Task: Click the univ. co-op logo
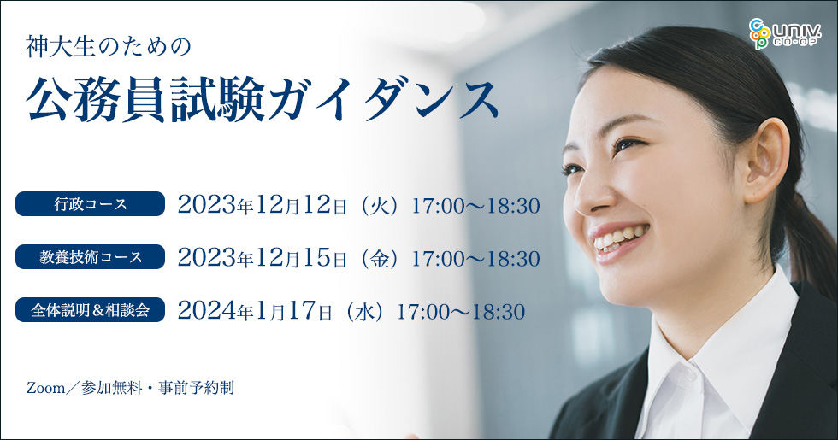coord(783,33)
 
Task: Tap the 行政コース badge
coord(90,204)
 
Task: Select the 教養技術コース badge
coord(90,257)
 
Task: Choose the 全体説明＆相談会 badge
coord(90,309)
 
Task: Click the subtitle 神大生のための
coord(108,47)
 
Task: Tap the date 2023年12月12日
coord(263,205)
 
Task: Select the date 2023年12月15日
coord(263,258)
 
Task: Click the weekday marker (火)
coord(379,206)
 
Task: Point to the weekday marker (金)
coord(379,259)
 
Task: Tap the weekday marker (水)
coord(364,312)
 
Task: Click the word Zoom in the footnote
coord(45,388)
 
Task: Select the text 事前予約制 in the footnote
coord(196,388)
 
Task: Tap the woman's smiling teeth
coord(620,238)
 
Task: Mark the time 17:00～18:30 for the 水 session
coord(461,312)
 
